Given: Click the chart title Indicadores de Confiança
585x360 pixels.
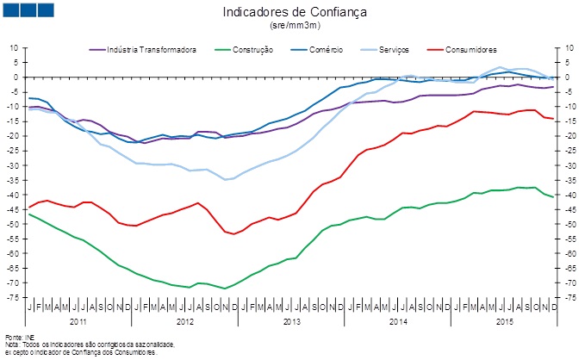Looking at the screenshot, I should click(x=294, y=13).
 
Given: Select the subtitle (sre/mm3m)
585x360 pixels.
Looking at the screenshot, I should click(x=294, y=27).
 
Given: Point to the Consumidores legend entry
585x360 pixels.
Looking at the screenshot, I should click(x=470, y=50).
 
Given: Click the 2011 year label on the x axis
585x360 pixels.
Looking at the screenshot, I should click(x=78, y=321).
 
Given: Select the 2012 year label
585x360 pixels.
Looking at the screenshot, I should click(x=184, y=321).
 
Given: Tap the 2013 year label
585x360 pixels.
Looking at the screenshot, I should click(x=291, y=321).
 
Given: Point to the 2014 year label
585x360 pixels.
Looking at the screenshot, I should click(x=397, y=321).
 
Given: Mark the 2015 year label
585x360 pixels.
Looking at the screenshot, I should click(x=504, y=321).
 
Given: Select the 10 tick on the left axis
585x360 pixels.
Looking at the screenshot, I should click(x=15, y=48).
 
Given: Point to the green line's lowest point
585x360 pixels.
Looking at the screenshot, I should click(x=225, y=289).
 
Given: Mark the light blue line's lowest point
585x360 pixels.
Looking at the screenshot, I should click(x=225, y=180).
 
